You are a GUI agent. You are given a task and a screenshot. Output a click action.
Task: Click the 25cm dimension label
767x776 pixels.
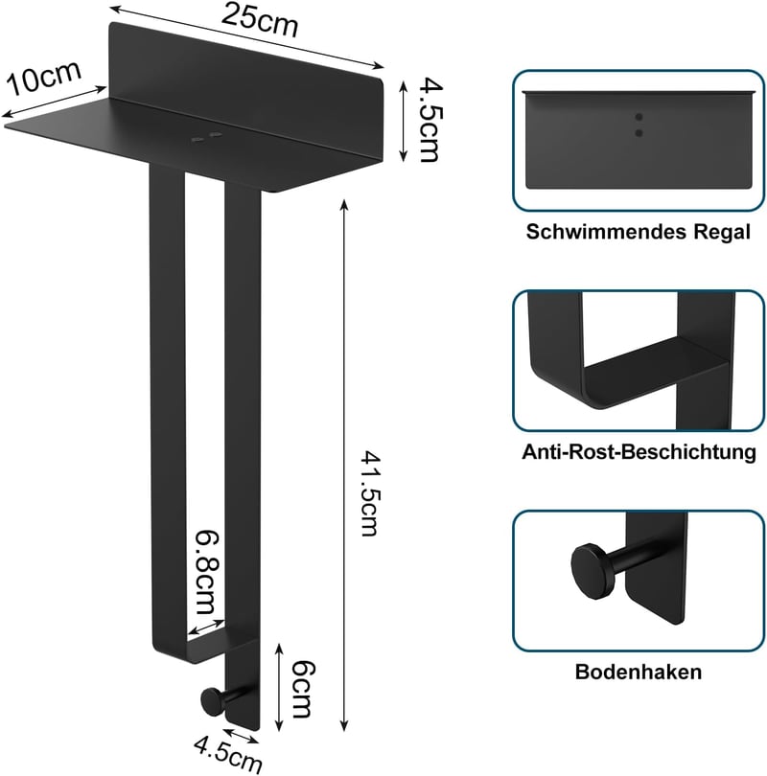coord(260,20)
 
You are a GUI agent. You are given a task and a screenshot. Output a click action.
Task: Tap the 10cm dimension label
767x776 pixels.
coord(43,78)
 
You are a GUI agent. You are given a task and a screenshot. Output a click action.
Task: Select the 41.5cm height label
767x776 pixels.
coord(369,493)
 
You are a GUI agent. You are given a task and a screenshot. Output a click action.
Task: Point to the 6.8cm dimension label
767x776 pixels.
coord(206,573)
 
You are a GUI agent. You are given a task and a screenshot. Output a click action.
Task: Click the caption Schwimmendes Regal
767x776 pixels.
coord(639,232)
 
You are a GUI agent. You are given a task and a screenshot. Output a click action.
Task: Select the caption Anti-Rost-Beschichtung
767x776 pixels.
coord(639,452)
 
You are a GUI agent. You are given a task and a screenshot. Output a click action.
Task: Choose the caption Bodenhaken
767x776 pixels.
coord(639,672)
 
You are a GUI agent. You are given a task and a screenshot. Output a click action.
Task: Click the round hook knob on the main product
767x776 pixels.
coord(212,701)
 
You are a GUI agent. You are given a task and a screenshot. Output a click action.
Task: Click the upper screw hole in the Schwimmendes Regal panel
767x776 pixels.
coord(639,117)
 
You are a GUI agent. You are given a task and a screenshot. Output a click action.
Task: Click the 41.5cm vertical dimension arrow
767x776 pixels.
coord(344,465)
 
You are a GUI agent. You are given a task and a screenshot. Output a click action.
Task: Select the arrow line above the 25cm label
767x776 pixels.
coord(246,36)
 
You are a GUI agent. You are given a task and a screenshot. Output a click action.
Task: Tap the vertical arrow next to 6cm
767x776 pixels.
coord(279,687)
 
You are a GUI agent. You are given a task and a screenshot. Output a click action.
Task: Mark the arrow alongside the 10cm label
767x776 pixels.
coord(55,103)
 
